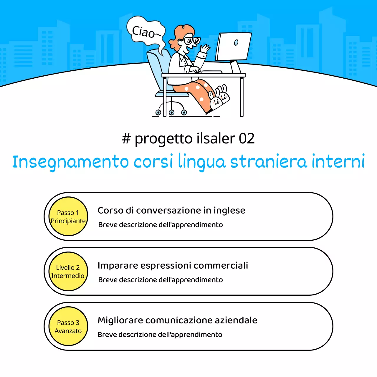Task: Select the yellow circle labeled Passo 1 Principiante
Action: click(x=68, y=216)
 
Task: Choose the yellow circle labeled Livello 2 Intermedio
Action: click(x=68, y=272)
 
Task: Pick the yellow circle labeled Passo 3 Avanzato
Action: click(x=68, y=326)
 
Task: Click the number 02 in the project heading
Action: click(x=247, y=138)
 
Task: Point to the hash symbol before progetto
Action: click(x=126, y=138)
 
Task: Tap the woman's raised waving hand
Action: click(x=205, y=48)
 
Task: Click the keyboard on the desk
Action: click(x=211, y=72)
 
